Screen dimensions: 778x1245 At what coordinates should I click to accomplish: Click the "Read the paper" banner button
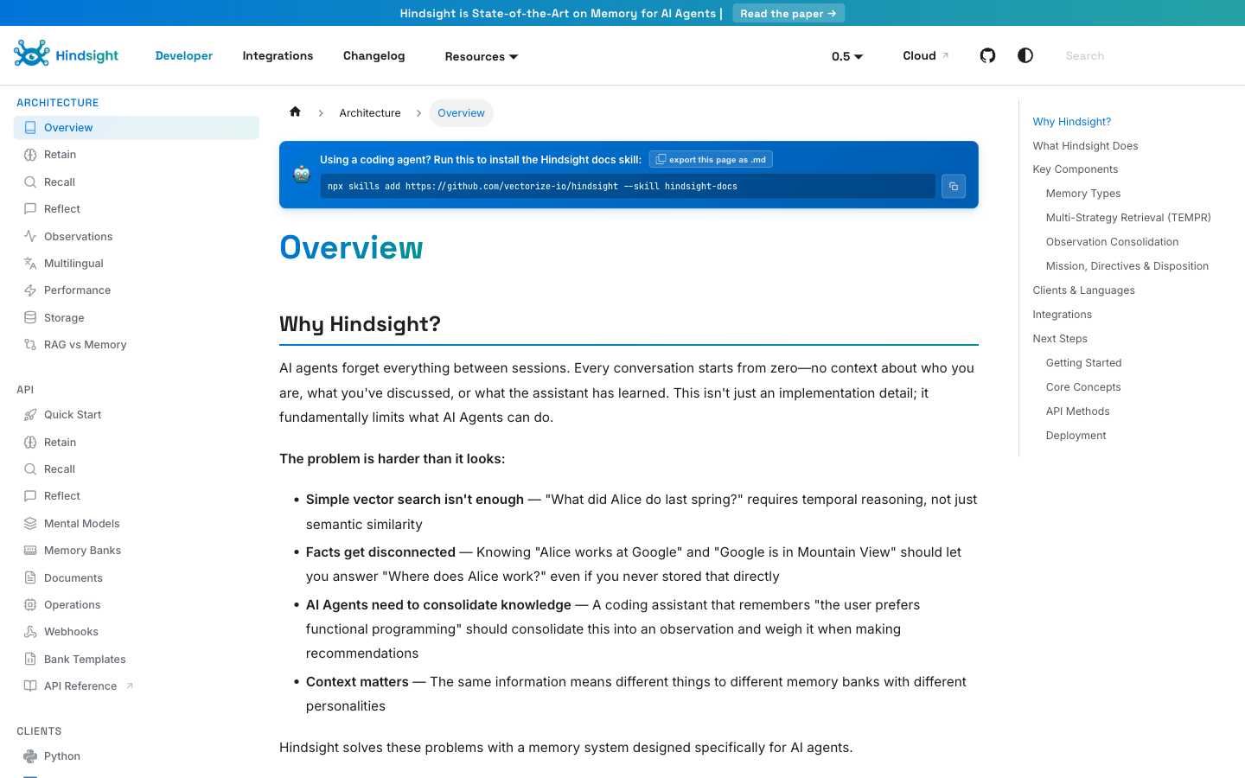click(x=788, y=13)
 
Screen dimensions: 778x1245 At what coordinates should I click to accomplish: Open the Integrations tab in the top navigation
click(x=278, y=55)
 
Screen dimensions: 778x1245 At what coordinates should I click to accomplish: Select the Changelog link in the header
click(x=373, y=55)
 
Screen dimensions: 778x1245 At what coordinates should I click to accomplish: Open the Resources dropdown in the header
click(x=481, y=56)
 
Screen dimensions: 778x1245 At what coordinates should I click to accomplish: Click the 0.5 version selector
click(x=846, y=56)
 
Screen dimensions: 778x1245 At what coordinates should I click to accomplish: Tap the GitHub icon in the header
click(x=987, y=55)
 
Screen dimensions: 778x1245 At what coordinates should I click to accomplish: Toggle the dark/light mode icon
click(x=1025, y=55)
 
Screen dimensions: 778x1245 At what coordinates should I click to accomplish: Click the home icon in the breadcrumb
click(x=295, y=112)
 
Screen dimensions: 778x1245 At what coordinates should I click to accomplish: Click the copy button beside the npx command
click(x=953, y=186)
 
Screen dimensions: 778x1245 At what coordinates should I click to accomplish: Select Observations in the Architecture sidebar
click(x=78, y=236)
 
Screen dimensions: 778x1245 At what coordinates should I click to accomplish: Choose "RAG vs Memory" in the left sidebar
click(x=85, y=344)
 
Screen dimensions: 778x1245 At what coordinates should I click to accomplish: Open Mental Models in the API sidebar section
click(x=81, y=523)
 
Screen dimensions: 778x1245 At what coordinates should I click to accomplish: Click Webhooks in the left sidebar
click(x=71, y=631)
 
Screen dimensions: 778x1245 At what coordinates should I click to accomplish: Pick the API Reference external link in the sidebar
click(x=80, y=686)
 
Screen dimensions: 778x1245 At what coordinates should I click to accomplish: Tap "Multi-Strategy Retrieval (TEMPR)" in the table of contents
click(x=1127, y=218)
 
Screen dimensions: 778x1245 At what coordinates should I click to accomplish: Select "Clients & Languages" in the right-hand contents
click(x=1083, y=290)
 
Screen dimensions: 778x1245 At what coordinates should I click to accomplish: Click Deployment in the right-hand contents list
click(x=1076, y=436)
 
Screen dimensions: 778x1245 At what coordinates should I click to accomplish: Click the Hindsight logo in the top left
click(x=67, y=54)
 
